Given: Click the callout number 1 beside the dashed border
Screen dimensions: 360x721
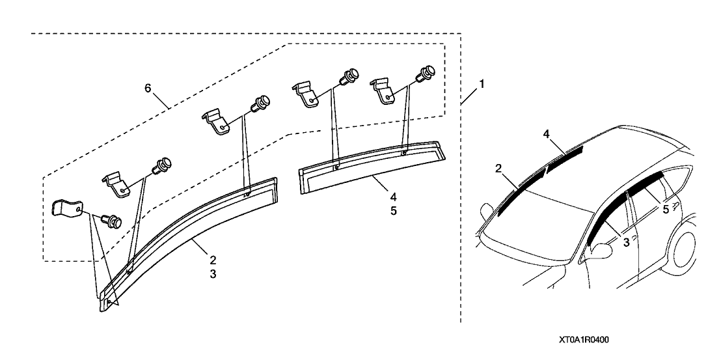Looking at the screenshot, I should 482,84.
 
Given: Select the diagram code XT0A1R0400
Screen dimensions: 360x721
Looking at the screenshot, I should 588,340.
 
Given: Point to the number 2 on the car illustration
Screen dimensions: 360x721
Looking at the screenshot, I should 498,169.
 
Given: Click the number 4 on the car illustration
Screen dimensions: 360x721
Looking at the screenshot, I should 547,134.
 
